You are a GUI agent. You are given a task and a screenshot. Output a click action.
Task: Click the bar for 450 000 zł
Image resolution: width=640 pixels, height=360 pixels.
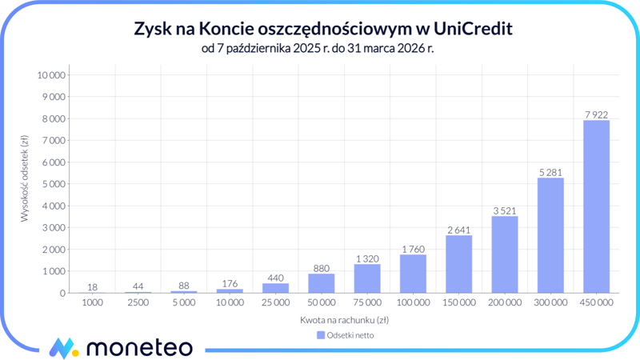coord(596,206)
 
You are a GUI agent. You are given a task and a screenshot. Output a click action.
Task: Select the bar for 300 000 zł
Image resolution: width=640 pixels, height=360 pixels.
coord(550,235)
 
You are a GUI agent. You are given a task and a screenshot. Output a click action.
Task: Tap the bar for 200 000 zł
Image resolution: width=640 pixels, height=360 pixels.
coord(504,254)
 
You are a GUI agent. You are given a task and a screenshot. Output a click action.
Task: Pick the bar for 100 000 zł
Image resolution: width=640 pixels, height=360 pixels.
coord(413,274)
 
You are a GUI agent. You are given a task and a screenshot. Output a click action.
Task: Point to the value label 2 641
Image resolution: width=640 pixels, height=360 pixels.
coord(458,229)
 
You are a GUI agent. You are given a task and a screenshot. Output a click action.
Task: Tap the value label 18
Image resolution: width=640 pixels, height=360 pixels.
coord(93,286)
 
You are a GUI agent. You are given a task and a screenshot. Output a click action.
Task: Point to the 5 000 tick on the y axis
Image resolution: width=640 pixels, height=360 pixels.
coord(54,184)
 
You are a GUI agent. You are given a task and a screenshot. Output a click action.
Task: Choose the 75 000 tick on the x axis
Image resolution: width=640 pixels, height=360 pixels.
coord(367,303)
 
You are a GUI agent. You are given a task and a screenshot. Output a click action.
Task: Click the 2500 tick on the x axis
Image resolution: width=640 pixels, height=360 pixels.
coord(138,303)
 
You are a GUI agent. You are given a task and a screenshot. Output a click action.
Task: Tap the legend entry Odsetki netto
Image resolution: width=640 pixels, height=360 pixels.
coord(346,335)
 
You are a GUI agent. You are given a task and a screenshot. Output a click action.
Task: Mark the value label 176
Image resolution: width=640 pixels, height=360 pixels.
coord(230,282)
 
